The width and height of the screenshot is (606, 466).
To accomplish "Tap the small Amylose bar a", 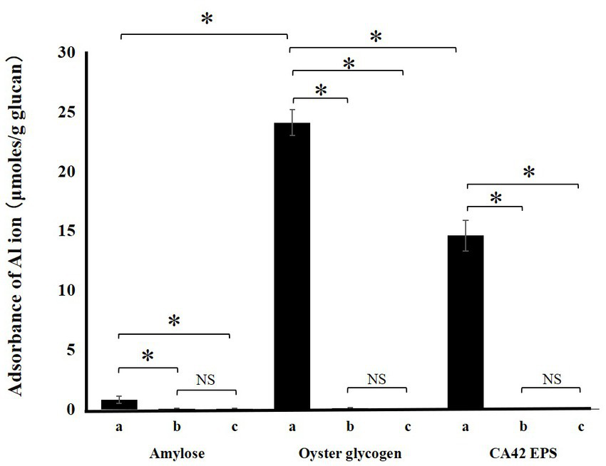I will pyautogui.click(x=119, y=405).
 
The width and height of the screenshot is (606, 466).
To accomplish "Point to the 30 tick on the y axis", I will pyautogui.click(x=68, y=53).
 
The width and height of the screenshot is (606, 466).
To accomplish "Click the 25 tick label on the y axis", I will pyautogui.click(x=68, y=113).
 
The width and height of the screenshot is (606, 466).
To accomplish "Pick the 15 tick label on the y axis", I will pyautogui.click(x=68, y=232).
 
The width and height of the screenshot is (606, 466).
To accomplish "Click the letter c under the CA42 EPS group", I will pyautogui.click(x=580, y=427).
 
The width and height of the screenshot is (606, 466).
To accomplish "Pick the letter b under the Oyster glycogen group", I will pyautogui.click(x=349, y=427).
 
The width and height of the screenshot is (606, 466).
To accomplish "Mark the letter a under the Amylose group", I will pyautogui.click(x=118, y=427).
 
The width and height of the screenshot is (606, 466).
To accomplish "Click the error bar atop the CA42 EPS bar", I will pyautogui.click(x=466, y=235).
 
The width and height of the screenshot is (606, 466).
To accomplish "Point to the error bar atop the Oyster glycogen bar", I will pyautogui.click(x=292, y=123).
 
